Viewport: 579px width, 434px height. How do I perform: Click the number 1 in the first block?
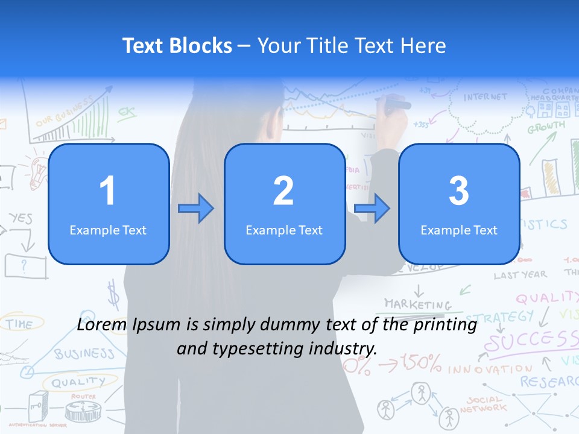click(x=108, y=191)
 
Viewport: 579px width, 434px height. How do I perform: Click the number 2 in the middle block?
click(x=283, y=191)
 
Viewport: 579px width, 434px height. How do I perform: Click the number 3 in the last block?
click(x=459, y=191)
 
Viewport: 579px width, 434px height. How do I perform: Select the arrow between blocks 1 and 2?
click(x=196, y=209)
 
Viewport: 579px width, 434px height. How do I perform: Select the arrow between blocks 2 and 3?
click(x=372, y=209)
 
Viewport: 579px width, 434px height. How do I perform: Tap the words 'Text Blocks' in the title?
click(x=177, y=46)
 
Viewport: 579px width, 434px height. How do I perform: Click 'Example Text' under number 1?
click(x=108, y=230)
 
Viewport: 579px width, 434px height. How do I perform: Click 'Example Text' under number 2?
click(x=284, y=230)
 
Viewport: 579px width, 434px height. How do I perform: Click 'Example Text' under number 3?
click(x=459, y=230)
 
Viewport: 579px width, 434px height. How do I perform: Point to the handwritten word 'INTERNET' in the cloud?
click(x=486, y=97)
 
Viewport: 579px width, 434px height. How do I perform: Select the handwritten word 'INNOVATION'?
click(x=490, y=368)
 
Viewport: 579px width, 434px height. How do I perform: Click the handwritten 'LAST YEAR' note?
click(x=520, y=275)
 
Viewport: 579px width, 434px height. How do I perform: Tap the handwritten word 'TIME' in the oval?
click(x=20, y=324)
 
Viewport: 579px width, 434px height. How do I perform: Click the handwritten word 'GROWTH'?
click(x=546, y=127)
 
